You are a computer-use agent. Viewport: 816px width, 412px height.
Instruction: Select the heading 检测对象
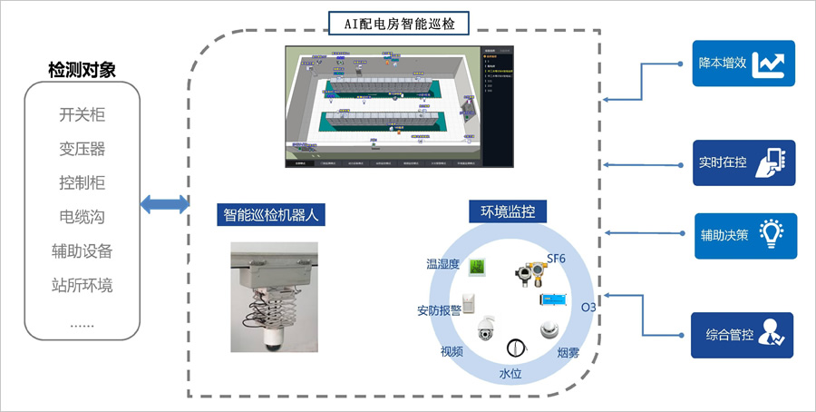pos(82,70)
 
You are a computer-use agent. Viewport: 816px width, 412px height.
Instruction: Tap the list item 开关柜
pos(82,114)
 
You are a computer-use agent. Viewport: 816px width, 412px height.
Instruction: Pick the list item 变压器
pos(82,148)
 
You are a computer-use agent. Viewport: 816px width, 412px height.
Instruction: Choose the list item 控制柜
pos(82,182)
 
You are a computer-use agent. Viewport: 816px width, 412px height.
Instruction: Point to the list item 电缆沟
pos(82,216)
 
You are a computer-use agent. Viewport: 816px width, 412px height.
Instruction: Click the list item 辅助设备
pos(82,250)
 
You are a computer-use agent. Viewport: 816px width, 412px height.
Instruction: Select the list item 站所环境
pos(82,285)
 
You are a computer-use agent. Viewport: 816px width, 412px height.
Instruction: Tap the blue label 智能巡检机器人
pos(273,216)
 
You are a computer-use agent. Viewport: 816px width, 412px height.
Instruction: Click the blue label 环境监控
pos(501,212)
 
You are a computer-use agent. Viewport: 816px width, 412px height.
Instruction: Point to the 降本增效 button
pos(743,64)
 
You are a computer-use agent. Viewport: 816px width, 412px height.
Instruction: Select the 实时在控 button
pos(743,162)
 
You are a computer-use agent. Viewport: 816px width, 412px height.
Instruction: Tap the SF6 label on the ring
pos(556,259)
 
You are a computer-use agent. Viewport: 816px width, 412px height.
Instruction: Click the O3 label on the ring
pos(588,308)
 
